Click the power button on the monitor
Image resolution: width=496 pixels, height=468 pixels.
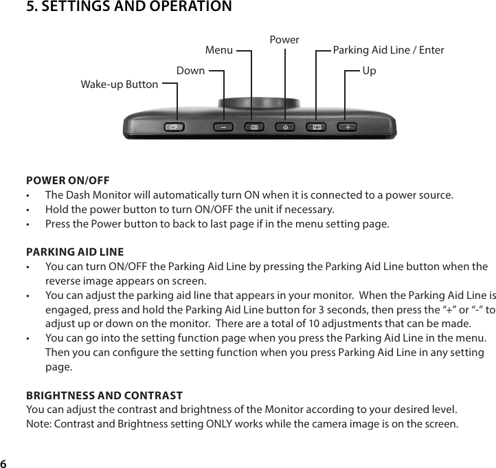coord(284,127)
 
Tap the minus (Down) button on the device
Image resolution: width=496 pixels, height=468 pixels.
coord(223,127)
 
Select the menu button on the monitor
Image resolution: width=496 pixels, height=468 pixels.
coord(253,127)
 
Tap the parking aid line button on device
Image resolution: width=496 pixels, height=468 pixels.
coord(317,127)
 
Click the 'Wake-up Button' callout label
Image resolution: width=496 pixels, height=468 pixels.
coord(120,85)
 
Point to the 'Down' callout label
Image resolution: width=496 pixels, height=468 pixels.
coord(190,71)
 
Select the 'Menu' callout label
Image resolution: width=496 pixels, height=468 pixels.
coord(219,50)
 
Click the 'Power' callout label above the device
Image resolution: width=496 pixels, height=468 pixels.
coord(284,40)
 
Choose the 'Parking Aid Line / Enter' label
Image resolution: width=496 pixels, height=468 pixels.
coord(388,50)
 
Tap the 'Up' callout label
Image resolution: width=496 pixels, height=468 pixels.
coord(369,71)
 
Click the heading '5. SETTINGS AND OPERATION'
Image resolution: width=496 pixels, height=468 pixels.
coord(128,8)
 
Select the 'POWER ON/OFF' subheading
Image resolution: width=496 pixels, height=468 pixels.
coord(67,181)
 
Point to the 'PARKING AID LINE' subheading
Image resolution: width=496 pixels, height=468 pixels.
coord(75,252)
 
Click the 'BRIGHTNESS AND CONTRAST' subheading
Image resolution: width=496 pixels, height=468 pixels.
coord(104,395)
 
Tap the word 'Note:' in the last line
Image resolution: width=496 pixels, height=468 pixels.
coord(39,423)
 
